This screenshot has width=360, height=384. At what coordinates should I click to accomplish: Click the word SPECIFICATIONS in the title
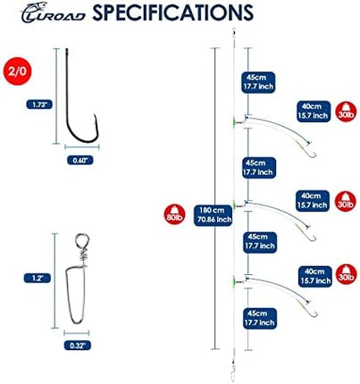point(172,13)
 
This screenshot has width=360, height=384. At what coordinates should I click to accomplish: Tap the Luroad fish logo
point(53,13)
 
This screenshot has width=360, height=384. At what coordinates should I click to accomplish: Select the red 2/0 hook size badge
point(17,71)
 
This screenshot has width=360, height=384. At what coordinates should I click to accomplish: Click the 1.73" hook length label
point(39,104)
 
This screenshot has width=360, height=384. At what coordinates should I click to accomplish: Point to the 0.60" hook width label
point(80,160)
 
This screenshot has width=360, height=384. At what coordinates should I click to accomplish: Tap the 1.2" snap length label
point(38,278)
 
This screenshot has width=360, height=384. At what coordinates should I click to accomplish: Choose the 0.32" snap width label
point(77,346)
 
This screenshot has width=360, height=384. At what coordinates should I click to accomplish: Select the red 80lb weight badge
point(175,214)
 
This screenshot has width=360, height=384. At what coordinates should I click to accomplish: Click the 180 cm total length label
point(213,215)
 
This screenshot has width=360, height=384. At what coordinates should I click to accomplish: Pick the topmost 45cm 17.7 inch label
point(258,82)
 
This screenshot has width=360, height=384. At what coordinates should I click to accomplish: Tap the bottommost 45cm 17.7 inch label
point(260,318)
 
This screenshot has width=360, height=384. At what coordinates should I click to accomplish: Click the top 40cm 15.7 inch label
point(314,112)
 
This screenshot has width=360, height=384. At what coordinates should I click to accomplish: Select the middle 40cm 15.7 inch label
point(313,201)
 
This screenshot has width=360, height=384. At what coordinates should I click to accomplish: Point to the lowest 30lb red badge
point(347,274)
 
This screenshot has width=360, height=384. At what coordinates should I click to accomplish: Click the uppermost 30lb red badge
point(346,112)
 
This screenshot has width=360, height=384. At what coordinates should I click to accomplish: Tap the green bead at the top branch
point(234,121)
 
